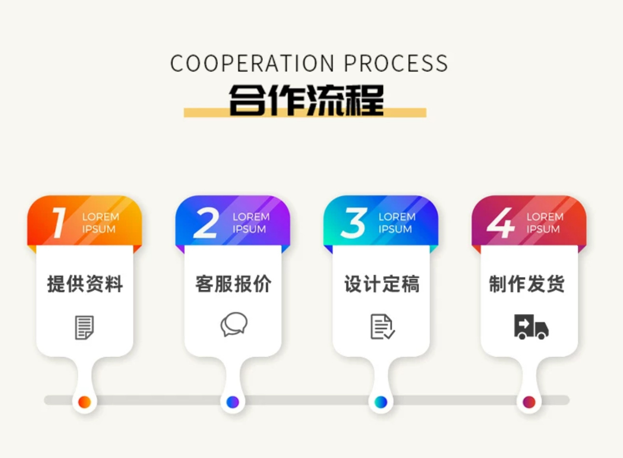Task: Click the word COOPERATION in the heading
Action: coord(252,64)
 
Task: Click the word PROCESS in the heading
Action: coord(396,64)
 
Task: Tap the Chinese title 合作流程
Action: coord(306,100)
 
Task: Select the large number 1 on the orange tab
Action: coord(59,223)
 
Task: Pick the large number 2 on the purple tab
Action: coord(206,223)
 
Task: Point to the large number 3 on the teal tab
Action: coord(354,223)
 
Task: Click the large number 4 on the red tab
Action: coord(500,223)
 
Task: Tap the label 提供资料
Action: coord(85,284)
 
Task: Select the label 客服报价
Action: coord(233,284)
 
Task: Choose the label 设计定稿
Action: coord(382,284)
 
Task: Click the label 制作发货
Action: coord(527,284)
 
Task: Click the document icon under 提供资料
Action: coord(85,327)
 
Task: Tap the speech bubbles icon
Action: coord(234,324)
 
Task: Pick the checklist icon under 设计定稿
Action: coord(382,327)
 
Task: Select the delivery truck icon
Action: coord(531,327)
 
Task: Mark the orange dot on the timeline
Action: coord(85,402)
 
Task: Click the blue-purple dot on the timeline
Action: coord(233,402)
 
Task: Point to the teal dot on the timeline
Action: coord(381,402)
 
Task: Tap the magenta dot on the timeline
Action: coord(529,402)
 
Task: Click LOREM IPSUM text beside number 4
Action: coord(544,223)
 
